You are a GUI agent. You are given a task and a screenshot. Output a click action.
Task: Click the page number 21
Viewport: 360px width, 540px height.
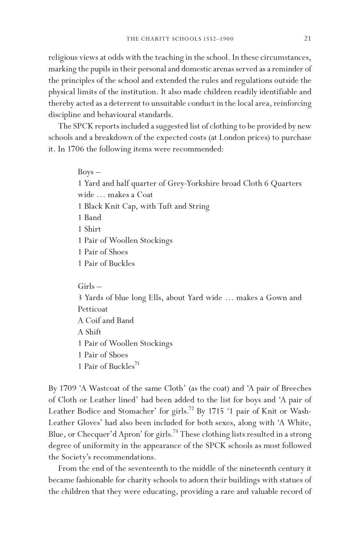tap(307, 38)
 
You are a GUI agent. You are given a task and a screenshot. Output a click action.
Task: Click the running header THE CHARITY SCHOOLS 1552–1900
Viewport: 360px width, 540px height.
tap(180, 39)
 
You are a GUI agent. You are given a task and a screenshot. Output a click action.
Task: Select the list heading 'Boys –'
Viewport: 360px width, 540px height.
tap(89, 172)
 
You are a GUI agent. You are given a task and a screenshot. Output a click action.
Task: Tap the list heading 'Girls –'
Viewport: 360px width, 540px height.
tap(90, 286)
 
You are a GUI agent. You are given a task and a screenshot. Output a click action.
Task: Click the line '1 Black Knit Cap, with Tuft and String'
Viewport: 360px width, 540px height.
tap(143, 206)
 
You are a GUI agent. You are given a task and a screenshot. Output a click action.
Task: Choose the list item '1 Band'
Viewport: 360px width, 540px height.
tap(90, 218)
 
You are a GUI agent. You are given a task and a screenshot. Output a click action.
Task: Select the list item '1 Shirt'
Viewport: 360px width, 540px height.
tap(90, 229)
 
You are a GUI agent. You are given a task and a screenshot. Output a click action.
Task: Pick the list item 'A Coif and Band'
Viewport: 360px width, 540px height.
tap(106, 320)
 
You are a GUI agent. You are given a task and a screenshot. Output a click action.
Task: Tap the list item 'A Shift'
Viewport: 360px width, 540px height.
tap(90, 332)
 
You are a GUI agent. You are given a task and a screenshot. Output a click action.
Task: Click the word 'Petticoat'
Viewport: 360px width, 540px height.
tap(93, 309)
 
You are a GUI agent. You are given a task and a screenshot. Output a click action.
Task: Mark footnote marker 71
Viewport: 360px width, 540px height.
tap(137, 364)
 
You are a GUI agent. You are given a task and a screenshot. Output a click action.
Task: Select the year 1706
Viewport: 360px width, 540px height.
tap(68, 149)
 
